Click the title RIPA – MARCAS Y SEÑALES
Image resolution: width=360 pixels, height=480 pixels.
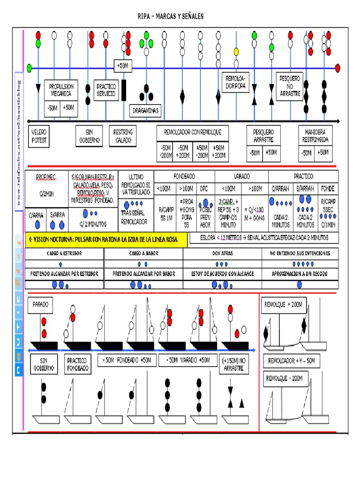[x=171, y=17]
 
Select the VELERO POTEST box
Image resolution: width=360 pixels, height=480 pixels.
[x=39, y=136]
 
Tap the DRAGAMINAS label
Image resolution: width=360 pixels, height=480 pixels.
[x=145, y=111]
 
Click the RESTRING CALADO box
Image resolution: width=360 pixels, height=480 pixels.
[x=123, y=136]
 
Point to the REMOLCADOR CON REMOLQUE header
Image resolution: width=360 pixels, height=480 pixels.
[x=193, y=132]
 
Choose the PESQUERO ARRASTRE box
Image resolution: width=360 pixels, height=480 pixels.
[x=263, y=136]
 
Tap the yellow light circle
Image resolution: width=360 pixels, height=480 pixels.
[x=236, y=51]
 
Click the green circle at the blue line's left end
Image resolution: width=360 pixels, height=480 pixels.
[x=30, y=68]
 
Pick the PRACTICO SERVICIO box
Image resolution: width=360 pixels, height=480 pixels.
[x=106, y=90]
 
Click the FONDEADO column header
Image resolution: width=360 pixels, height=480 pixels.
[x=184, y=177]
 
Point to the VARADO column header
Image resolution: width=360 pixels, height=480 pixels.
[x=241, y=177]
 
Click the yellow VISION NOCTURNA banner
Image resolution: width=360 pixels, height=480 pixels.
[x=106, y=240]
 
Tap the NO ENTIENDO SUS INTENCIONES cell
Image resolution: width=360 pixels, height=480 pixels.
[x=300, y=253]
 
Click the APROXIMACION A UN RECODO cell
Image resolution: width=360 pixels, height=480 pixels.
[x=300, y=273]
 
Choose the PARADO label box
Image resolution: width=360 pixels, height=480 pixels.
[x=41, y=305]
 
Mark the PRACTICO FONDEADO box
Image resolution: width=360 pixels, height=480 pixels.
[x=77, y=365]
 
